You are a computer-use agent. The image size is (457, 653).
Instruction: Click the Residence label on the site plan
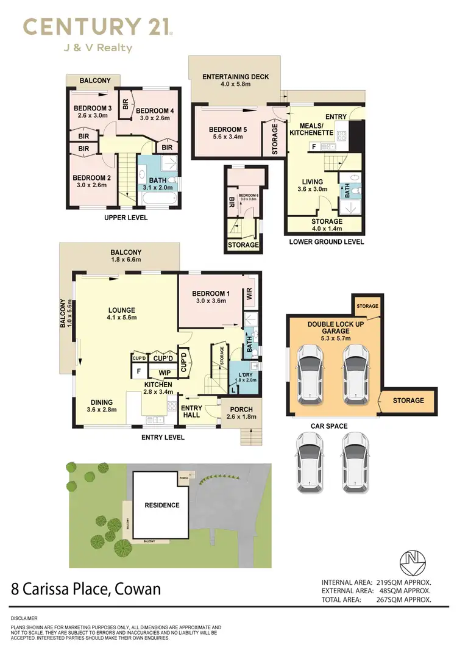[x=161, y=505]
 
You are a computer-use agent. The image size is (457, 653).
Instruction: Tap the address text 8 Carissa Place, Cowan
[x=86, y=589]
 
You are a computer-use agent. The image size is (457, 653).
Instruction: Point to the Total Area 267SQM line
[x=377, y=600]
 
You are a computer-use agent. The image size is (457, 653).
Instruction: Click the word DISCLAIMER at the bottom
[x=24, y=618]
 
